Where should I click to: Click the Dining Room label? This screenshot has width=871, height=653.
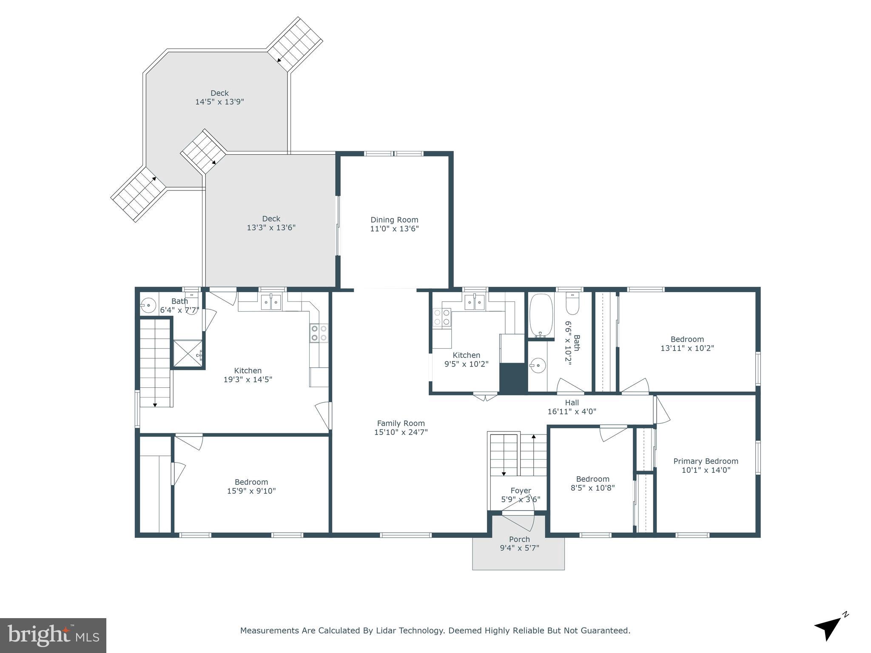[394, 220]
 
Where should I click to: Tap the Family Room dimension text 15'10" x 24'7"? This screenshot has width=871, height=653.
[401, 432]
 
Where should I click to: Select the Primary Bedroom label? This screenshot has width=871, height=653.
[706, 461]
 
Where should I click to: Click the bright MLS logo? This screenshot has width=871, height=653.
[53, 636]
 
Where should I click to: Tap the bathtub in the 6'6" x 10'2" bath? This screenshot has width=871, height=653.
[541, 315]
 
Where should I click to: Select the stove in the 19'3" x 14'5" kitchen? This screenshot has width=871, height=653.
[319, 333]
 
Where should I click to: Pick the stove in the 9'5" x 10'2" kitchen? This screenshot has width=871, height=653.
[442, 318]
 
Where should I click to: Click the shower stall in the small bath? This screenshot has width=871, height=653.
[188, 354]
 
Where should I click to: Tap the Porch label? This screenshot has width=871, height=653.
[519, 539]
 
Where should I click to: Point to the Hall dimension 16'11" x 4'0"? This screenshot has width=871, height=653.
[572, 412]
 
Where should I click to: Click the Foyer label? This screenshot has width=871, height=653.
[521, 491]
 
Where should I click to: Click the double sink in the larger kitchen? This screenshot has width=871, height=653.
[270, 302]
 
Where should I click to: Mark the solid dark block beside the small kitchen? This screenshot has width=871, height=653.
[513, 378]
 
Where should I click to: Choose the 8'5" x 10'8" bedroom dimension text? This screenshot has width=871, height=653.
[592, 488]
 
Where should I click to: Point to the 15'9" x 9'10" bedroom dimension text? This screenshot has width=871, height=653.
[251, 491]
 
